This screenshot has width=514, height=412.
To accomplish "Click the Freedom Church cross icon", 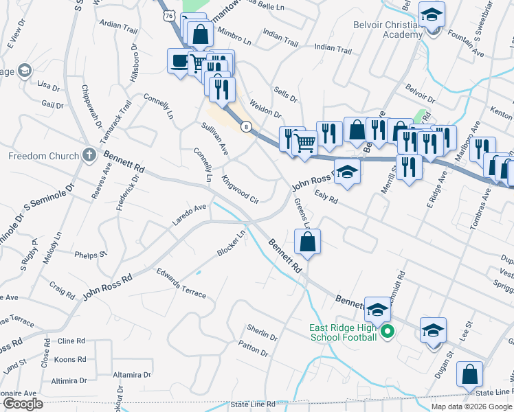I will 89,155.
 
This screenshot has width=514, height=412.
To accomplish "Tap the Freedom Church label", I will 43,156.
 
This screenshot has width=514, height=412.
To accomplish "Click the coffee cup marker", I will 180,61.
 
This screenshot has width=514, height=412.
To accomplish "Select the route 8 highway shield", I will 245,126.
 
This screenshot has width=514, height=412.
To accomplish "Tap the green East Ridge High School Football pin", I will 387,332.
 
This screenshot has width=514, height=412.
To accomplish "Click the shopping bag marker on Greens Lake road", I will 307,242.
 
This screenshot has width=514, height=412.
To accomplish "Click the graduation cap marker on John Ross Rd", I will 348,173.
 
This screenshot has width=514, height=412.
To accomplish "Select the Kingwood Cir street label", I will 240,190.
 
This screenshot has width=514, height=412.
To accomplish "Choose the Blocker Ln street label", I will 232,244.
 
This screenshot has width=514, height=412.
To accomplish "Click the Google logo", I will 23,403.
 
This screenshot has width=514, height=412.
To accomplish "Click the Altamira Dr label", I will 131,375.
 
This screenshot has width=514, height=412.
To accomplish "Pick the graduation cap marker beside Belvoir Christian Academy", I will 432,14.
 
